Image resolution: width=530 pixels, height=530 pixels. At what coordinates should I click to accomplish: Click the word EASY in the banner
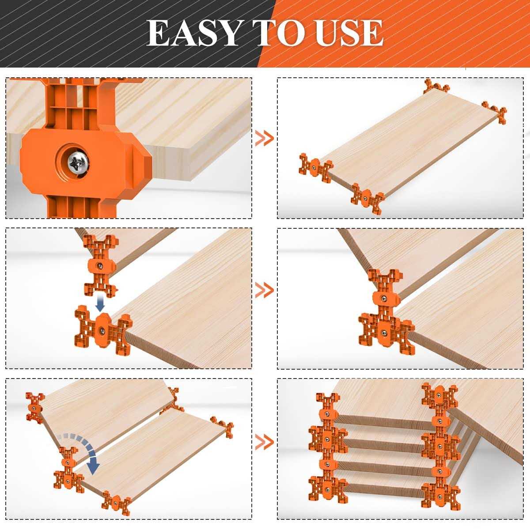(193, 33)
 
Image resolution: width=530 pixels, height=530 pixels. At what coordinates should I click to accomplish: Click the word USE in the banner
(348, 33)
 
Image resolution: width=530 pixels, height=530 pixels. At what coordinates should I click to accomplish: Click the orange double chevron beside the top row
(265, 139)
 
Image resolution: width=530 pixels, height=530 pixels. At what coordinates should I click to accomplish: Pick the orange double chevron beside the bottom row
(265, 441)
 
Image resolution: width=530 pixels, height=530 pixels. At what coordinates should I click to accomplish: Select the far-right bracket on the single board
(495, 112)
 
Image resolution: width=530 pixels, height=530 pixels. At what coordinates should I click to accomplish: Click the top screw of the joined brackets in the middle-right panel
(385, 299)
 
